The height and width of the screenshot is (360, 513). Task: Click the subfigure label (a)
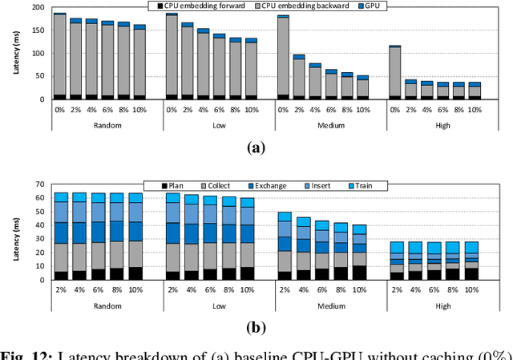[256, 147]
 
